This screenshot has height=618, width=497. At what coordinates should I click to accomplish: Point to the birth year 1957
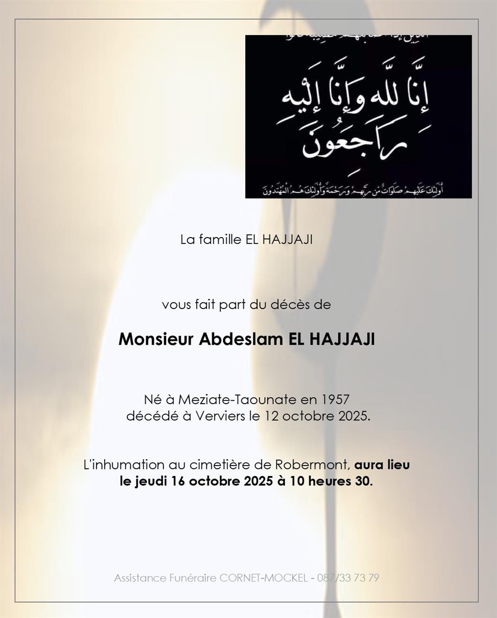pyautogui.click(x=335, y=400)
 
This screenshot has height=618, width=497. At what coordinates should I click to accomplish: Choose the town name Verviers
pyautogui.click(x=220, y=416)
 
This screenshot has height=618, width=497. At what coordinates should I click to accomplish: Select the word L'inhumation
pyautogui.click(x=124, y=465)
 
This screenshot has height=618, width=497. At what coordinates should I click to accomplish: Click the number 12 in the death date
pyautogui.click(x=271, y=416)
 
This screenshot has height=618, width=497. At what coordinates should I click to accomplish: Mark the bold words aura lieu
pyautogui.click(x=382, y=465)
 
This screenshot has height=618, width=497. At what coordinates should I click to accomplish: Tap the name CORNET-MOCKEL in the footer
pyautogui.click(x=264, y=578)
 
